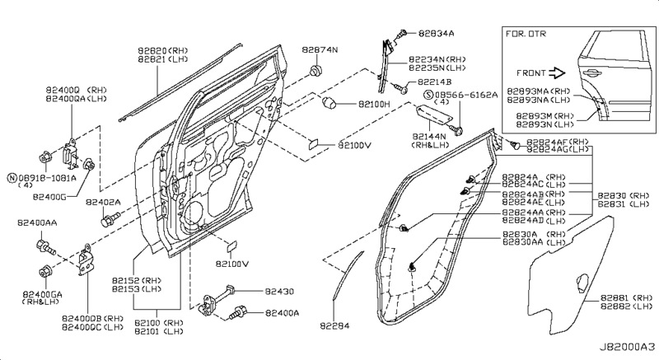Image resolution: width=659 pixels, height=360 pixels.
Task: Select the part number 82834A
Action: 437,33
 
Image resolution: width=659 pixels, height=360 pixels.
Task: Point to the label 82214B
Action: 435,82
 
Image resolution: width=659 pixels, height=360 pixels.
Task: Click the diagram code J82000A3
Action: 625,348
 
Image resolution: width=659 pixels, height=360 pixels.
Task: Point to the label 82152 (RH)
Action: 140,281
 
